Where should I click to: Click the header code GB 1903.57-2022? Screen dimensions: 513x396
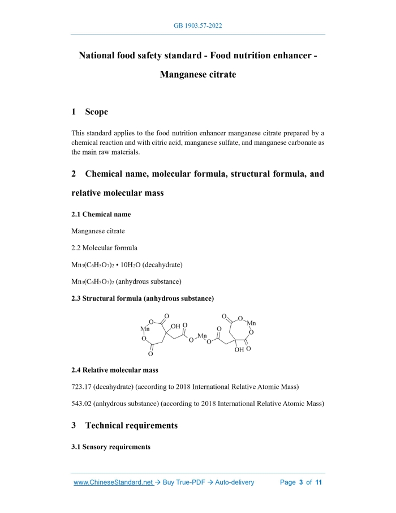[x=198, y=26]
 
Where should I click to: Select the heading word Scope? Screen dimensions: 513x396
[x=96, y=112]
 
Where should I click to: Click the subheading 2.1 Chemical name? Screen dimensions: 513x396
[x=101, y=215]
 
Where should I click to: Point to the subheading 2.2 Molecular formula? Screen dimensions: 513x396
[x=104, y=247]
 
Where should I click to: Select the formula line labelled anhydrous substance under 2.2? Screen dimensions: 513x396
[x=127, y=281]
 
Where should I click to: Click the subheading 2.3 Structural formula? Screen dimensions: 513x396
[x=142, y=298]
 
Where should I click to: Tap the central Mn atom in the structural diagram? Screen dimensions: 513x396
[x=202, y=336]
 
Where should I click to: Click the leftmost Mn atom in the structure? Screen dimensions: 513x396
[x=145, y=328]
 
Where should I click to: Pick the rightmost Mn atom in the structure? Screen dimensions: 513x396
[x=251, y=323]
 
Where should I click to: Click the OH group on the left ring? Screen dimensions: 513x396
[x=175, y=326]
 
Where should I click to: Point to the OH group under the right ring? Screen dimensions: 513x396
[x=239, y=350]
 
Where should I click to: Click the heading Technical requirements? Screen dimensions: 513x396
[x=131, y=425]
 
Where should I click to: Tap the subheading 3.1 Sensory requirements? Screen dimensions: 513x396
[x=111, y=447]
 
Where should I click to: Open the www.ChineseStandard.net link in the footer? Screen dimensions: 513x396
[x=113, y=482]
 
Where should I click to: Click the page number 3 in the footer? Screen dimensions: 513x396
[x=301, y=482]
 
